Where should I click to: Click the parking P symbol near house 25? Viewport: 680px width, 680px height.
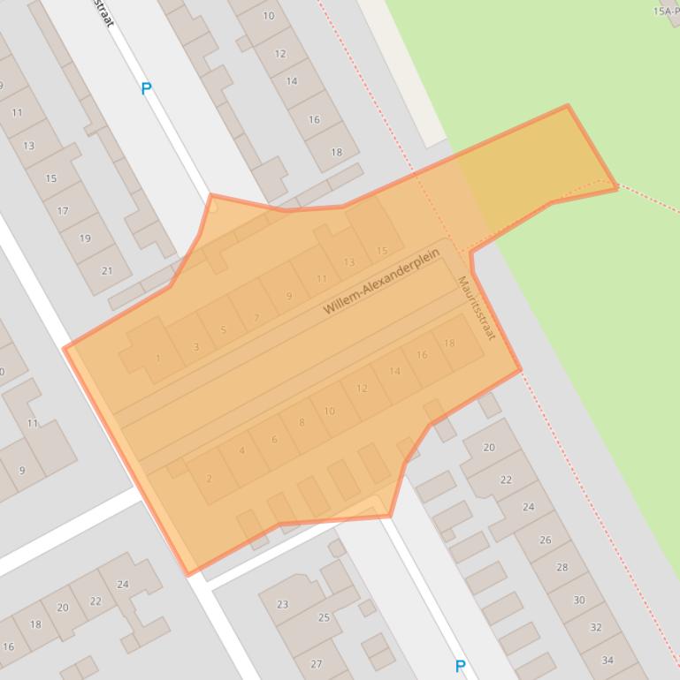pyautogui.click(x=460, y=666)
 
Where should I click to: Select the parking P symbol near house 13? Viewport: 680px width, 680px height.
pyautogui.click(x=146, y=88)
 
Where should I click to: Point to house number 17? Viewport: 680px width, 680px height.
pyautogui.click(x=63, y=211)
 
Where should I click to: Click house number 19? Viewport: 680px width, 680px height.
pyautogui.click(x=85, y=238)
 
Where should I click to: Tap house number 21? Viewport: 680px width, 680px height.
pyautogui.click(x=107, y=270)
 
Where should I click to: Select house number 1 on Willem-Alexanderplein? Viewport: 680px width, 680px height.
pyautogui.click(x=158, y=359)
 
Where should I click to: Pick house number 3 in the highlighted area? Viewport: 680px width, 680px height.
pyautogui.click(x=196, y=347)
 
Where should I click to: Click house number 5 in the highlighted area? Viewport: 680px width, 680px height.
pyautogui.click(x=224, y=330)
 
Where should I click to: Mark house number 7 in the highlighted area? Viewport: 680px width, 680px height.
pyautogui.click(x=256, y=318)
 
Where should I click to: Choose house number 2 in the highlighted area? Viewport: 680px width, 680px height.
pyautogui.click(x=209, y=479)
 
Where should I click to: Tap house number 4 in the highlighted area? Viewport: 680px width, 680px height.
pyautogui.click(x=242, y=451)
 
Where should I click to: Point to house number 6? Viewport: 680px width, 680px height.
pyautogui.click(x=274, y=440)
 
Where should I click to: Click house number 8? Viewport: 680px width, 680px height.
pyautogui.click(x=302, y=422)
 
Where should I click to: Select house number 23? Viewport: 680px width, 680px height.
pyautogui.click(x=282, y=605)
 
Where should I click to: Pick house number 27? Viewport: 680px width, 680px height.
pyautogui.click(x=317, y=664)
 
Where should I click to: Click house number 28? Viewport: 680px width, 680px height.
pyautogui.click(x=562, y=567)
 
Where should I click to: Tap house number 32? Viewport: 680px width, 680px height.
pyautogui.click(x=595, y=628)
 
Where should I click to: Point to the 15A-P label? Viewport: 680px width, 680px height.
pyautogui.click(x=665, y=11)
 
